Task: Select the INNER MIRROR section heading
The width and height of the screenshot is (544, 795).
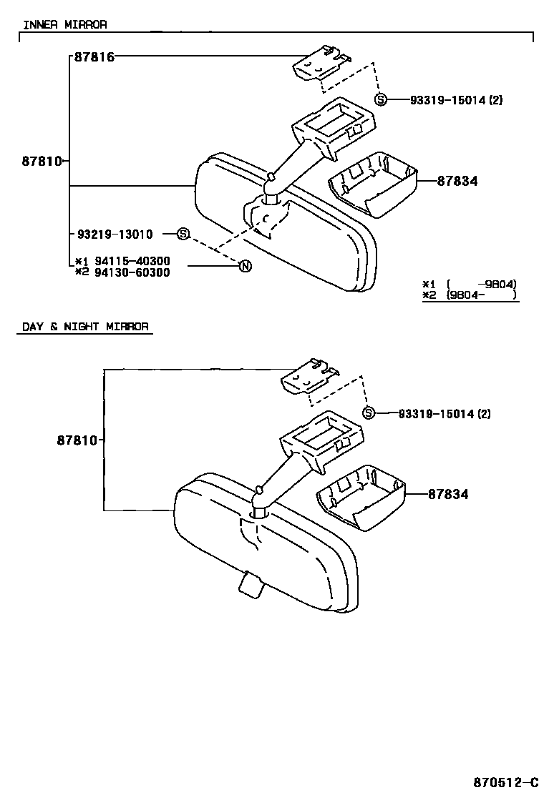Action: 65,24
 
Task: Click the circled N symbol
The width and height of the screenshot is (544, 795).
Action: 245,267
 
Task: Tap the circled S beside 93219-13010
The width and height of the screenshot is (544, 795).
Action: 183,234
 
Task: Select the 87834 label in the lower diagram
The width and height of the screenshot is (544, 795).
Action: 448,494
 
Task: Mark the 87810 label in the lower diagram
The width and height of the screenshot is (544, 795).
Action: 77,440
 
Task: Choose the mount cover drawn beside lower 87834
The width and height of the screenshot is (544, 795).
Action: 361,498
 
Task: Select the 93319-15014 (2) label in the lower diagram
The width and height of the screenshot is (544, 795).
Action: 445,414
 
